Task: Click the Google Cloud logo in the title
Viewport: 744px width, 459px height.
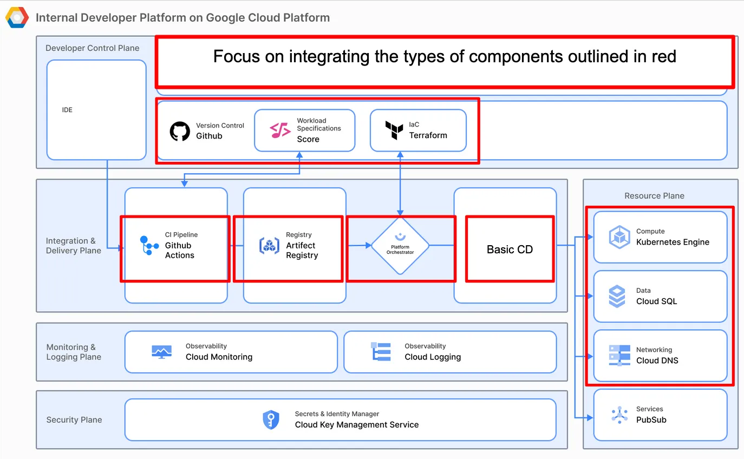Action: tap(17, 17)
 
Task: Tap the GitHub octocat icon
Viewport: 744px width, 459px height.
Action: tap(180, 131)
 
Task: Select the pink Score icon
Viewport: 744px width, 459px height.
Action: tap(280, 130)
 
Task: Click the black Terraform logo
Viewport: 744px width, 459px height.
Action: tap(394, 130)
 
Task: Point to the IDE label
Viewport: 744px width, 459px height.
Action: tap(67, 110)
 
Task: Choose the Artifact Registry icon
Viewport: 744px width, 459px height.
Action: tap(269, 245)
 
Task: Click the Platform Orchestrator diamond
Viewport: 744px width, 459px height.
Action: tap(400, 246)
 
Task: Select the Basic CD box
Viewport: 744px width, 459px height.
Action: tap(510, 250)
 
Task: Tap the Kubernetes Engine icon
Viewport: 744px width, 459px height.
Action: tap(619, 237)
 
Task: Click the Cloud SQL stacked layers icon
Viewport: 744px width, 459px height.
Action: tap(617, 297)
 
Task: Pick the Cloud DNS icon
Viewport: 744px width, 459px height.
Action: tap(619, 356)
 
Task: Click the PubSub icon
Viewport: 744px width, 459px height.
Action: tap(619, 415)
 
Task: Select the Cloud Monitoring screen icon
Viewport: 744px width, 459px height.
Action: tap(161, 352)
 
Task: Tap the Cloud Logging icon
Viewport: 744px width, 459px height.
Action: tap(381, 352)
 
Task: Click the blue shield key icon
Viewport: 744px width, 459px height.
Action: tap(271, 419)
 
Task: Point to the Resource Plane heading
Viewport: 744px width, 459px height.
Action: tap(654, 195)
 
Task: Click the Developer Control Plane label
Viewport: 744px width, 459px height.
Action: tap(92, 48)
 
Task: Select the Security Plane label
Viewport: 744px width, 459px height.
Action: tap(74, 419)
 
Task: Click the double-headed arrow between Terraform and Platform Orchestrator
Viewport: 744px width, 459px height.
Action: tap(400, 184)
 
